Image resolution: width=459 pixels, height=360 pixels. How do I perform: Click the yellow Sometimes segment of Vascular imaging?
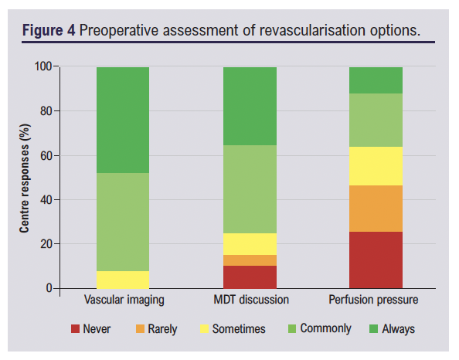123,280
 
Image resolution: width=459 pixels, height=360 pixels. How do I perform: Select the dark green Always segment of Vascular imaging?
123,120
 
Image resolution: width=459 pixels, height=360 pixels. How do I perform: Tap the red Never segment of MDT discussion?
250,277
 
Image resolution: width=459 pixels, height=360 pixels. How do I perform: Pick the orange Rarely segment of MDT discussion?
250,260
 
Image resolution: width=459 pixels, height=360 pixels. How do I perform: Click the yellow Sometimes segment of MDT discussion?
250,244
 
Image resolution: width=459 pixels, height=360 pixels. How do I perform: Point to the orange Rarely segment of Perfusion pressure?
376,209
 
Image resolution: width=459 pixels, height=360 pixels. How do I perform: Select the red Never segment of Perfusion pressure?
376,260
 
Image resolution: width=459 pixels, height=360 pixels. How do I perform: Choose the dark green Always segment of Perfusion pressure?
376,80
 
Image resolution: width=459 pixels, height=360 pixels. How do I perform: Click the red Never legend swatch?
75,328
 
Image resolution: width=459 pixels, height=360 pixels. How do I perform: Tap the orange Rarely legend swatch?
140,328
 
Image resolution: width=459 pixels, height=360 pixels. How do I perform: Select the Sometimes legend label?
239,329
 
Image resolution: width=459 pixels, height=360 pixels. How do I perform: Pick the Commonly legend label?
325,329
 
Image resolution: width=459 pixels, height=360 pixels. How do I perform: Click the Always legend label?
399,329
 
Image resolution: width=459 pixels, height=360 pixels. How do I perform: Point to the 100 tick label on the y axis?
43,66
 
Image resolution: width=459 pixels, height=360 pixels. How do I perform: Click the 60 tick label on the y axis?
46,156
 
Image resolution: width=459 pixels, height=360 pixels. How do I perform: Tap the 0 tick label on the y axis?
49,288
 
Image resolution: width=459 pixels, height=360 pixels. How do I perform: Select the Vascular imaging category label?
124,300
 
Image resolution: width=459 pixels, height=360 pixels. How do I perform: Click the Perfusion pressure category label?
373,300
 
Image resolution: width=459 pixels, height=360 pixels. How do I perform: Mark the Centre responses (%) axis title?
25,178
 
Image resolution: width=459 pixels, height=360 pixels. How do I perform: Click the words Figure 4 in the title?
49,30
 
